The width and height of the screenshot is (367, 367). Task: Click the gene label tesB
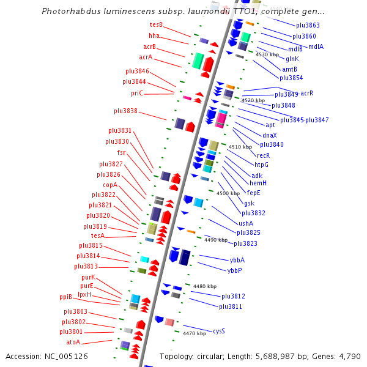[x=156, y=24]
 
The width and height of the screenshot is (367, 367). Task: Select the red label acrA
[x=146, y=57]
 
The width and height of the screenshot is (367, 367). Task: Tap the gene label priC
[x=136, y=93]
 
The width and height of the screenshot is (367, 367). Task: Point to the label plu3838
[x=125, y=111]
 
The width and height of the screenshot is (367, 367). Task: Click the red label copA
[x=110, y=185]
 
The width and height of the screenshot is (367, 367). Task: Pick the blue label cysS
[x=218, y=331]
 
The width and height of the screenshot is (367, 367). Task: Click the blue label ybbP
[x=234, y=270]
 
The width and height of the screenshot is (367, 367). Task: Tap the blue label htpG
[x=262, y=165]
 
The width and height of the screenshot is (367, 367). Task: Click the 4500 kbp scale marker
[x=228, y=193]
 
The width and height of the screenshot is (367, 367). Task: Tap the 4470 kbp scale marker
[x=195, y=333]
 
